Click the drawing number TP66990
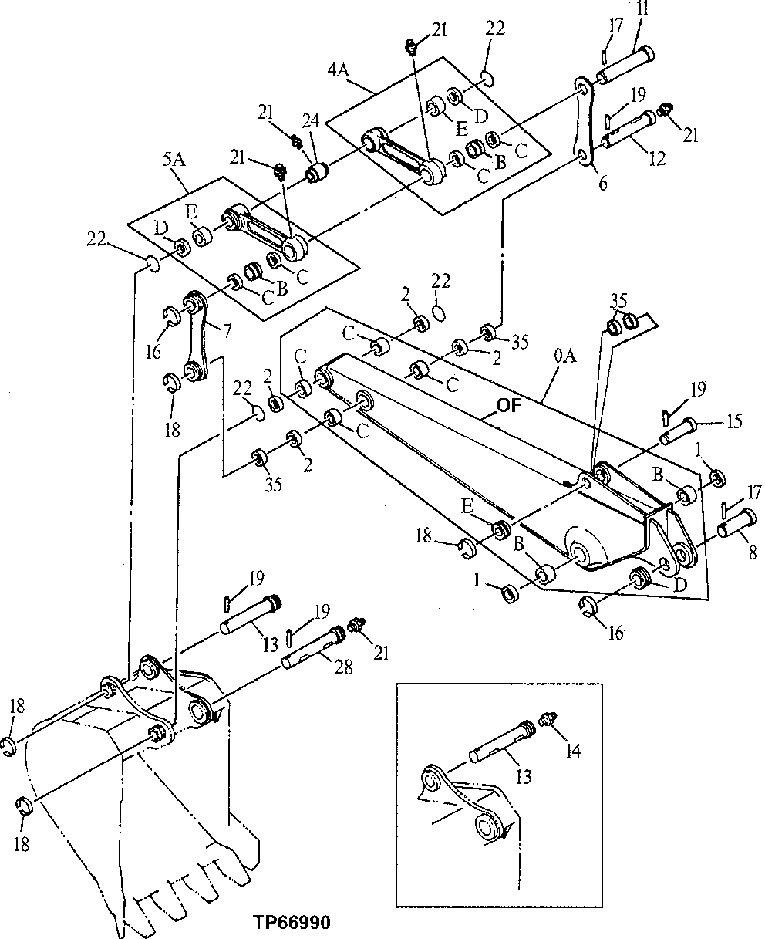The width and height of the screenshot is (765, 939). click(x=291, y=923)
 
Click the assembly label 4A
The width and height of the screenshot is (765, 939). click(x=339, y=70)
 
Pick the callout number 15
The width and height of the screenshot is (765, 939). click(x=734, y=421)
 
